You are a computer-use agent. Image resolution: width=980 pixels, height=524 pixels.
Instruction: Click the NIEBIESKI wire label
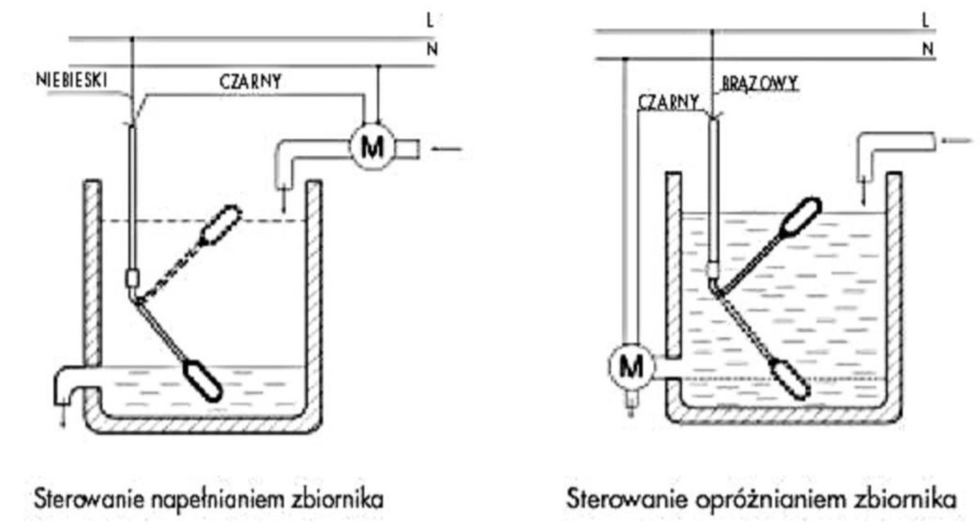71,80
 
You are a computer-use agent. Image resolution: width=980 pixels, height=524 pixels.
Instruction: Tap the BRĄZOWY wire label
760,83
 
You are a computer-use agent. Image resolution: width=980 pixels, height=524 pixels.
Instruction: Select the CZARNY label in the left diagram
250,82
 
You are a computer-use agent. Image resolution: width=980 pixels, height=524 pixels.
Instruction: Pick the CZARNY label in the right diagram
669,102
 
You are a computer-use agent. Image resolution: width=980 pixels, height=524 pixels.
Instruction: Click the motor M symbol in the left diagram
372,147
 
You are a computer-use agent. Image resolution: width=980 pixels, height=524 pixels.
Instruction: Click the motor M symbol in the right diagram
631,366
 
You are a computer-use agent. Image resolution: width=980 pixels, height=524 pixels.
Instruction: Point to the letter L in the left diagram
430,20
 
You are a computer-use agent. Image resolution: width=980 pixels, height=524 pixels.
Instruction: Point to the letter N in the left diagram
432,50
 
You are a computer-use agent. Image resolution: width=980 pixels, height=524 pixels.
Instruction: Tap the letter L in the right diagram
924,20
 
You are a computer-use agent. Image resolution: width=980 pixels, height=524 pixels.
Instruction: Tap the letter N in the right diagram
928,49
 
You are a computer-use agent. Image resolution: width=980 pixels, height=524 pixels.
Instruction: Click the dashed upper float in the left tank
220,224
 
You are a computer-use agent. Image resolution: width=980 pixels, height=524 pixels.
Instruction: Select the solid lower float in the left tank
202,380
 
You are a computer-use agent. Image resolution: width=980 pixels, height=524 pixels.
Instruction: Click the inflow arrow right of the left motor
447,149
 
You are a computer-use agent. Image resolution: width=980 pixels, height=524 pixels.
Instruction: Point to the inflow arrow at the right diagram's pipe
957,141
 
